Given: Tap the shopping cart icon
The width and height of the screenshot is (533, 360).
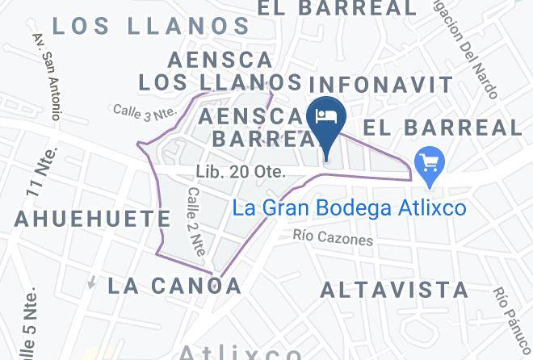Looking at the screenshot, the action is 426,164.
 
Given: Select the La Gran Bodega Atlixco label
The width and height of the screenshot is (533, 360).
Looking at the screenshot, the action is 349,208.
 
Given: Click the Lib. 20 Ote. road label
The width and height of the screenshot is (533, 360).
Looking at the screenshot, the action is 240,172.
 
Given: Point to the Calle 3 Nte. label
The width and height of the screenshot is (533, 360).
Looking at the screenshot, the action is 144,111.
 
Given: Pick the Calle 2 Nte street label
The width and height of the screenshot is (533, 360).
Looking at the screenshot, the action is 195,222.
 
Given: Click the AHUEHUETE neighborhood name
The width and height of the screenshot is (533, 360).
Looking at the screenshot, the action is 92,218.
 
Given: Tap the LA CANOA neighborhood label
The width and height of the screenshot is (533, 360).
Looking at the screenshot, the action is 174,285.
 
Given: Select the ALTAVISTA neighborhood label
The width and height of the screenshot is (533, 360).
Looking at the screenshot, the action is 394,290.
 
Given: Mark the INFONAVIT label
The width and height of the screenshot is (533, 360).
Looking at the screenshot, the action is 382,83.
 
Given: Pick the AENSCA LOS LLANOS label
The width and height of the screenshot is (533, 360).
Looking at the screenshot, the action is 220,71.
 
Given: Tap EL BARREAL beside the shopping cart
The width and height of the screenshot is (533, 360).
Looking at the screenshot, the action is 442,128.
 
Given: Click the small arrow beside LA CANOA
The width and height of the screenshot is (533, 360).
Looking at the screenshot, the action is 92,283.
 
